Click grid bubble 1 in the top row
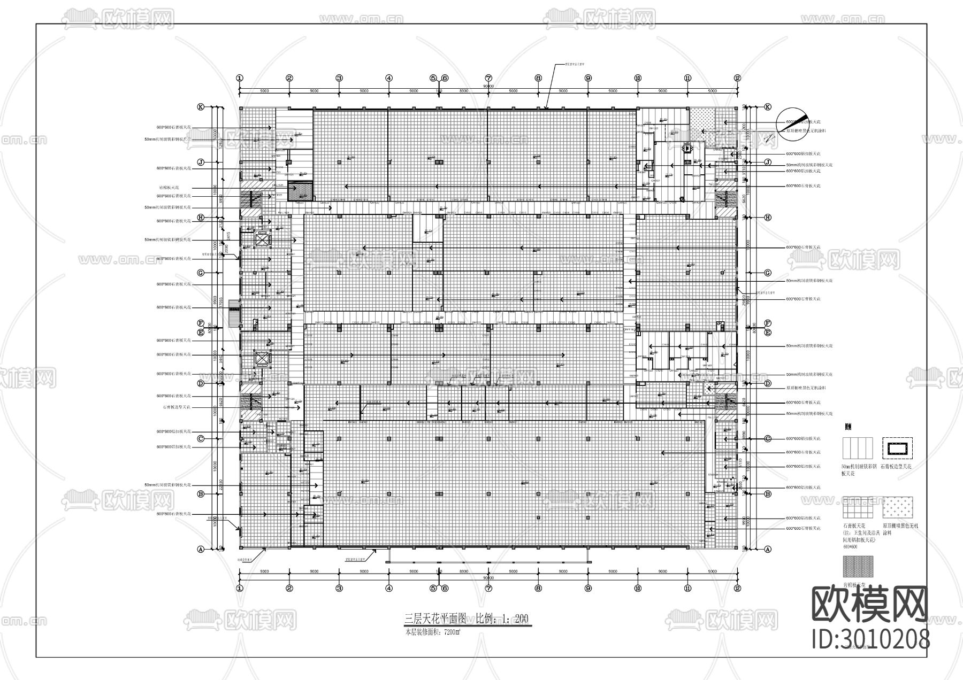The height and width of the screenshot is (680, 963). (x=239, y=78)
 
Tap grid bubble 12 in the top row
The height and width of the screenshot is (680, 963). (x=737, y=78)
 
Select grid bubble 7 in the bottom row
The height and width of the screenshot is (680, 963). (x=488, y=588)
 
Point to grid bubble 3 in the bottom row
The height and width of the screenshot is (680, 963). (x=339, y=588)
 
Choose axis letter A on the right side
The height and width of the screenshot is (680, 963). (x=768, y=549)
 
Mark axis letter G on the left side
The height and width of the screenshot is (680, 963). (x=201, y=273)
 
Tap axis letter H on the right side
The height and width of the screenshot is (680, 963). (x=768, y=217)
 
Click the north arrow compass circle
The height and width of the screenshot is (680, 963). (x=792, y=125)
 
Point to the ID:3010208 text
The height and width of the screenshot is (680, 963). (x=870, y=639)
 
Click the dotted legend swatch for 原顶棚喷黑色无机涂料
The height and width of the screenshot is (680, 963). (x=897, y=508)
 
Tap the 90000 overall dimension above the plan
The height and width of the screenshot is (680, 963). (x=488, y=86)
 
